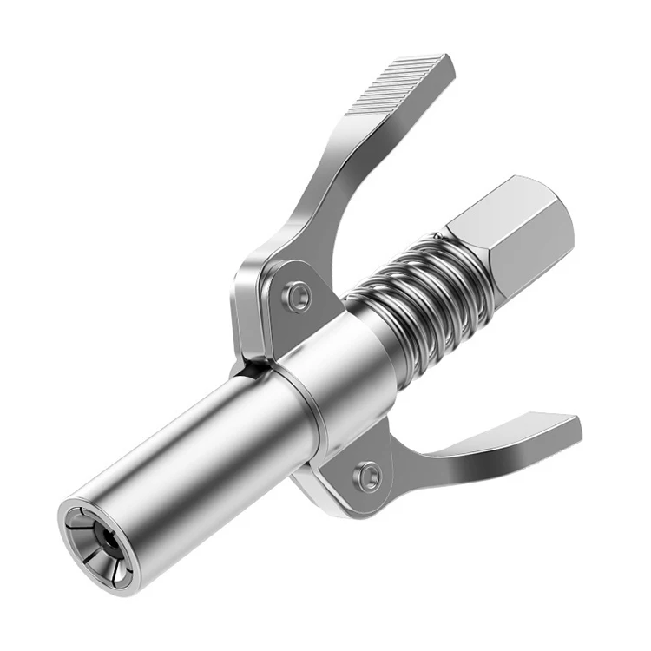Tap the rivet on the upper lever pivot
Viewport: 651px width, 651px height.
coord(299,296)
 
